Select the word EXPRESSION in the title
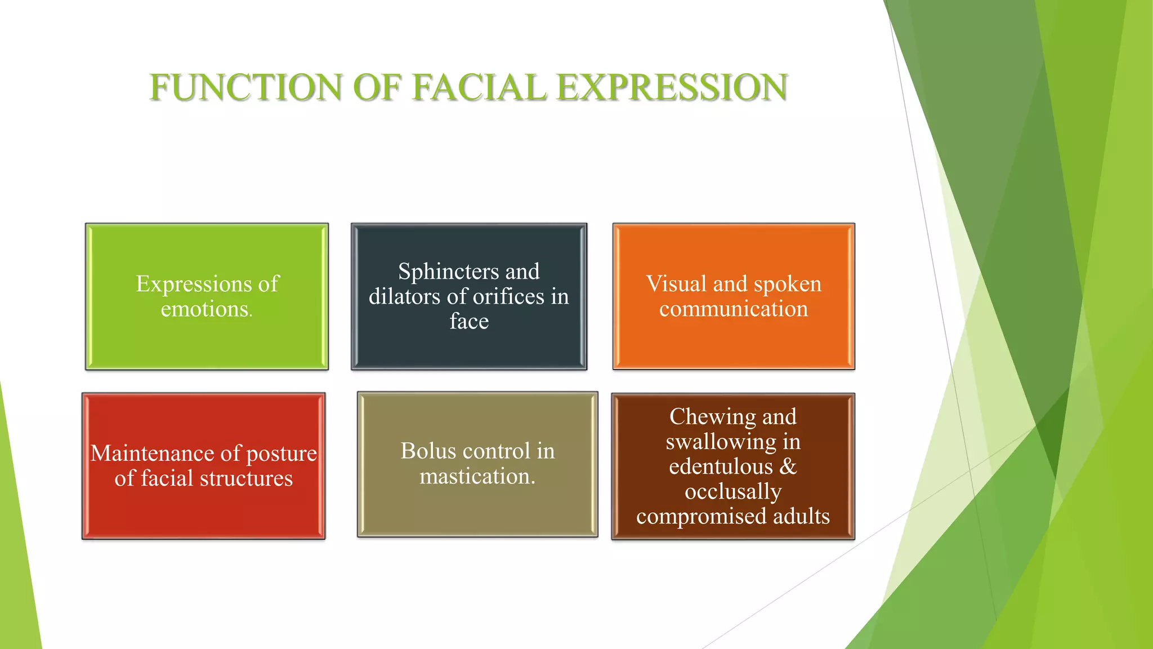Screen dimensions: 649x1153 coord(672,88)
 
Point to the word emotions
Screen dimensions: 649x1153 coord(205,309)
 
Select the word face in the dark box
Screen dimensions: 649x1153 coord(469,322)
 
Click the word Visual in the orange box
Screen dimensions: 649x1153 coord(676,284)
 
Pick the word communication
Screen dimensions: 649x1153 coord(734,309)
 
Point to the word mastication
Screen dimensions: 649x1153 coord(477,477)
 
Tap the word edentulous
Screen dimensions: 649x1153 coord(721,467)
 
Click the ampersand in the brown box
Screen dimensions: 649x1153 coord(788,467)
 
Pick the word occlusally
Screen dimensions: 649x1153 coord(733,492)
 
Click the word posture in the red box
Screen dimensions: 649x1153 coord(281,454)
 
